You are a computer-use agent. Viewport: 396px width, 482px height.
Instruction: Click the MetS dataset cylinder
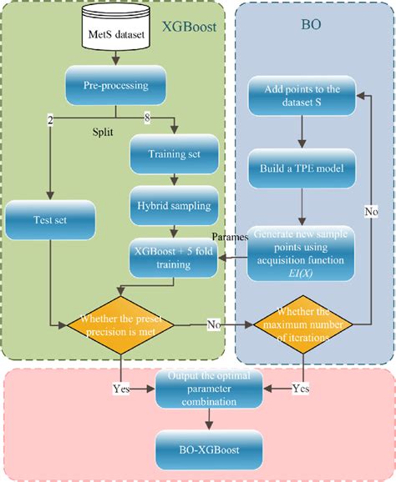[115, 31]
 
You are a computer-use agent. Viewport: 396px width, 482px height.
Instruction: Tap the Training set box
[174, 153]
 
